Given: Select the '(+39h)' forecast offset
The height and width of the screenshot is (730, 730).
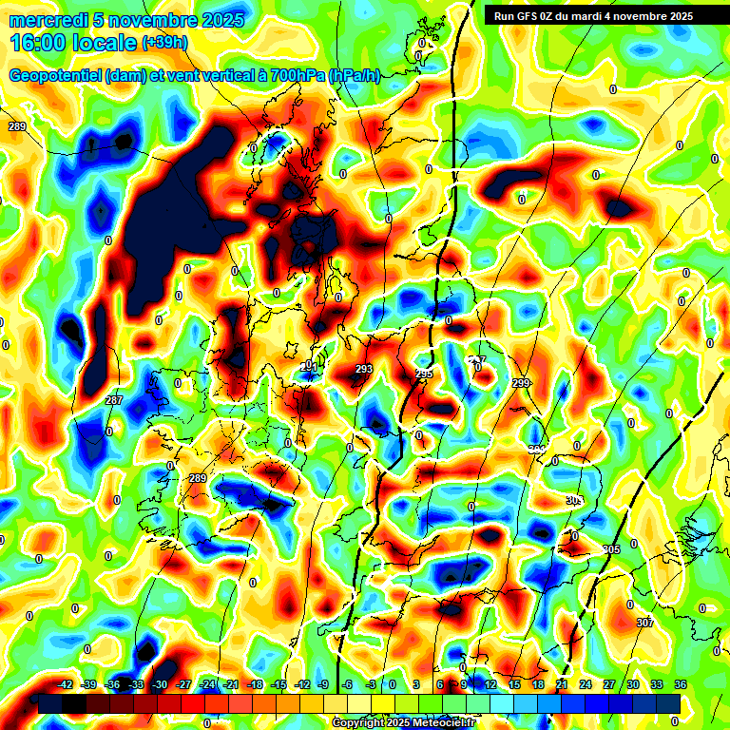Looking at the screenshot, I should (x=164, y=44).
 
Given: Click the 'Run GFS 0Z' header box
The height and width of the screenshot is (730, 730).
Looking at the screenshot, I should (x=592, y=15).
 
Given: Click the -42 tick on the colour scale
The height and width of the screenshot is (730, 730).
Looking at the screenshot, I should (x=66, y=684).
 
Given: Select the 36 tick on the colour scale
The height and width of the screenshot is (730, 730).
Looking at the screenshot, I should (x=680, y=684).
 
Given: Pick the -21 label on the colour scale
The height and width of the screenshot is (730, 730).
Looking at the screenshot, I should (x=231, y=684).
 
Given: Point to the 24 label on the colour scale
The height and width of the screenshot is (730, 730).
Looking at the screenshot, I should (x=585, y=684).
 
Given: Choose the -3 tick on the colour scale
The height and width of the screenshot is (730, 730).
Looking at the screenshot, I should (x=371, y=684).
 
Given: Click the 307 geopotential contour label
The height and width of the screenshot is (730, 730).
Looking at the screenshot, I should (x=644, y=623).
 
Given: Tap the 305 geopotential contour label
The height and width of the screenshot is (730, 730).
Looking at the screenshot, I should (x=611, y=549).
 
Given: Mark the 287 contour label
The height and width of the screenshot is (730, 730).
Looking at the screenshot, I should (x=114, y=400).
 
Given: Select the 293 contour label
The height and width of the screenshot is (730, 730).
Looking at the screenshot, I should (x=363, y=369).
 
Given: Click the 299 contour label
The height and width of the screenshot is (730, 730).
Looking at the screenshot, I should (x=521, y=382).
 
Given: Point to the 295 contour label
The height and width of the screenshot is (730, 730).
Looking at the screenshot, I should (x=424, y=374).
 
